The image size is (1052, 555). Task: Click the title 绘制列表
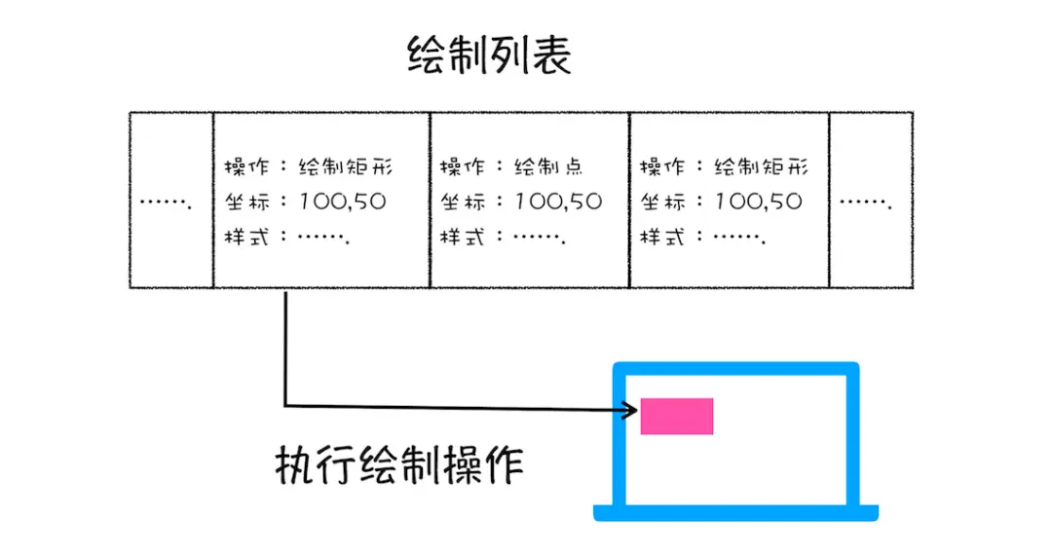(x=489, y=56)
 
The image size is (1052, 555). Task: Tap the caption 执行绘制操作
(x=399, y=465)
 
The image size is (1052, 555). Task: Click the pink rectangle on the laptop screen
(x=677, y=416)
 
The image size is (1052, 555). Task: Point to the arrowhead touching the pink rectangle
(x=632, y=410)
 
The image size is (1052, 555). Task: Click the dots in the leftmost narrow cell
(x=166, y=203)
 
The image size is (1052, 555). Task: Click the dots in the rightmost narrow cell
(x=866, y=203)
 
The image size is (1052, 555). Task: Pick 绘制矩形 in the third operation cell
(x=761, y=166)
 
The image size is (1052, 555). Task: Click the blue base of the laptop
(x=736, y=513)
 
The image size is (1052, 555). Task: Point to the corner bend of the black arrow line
(x=285, y=405)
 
